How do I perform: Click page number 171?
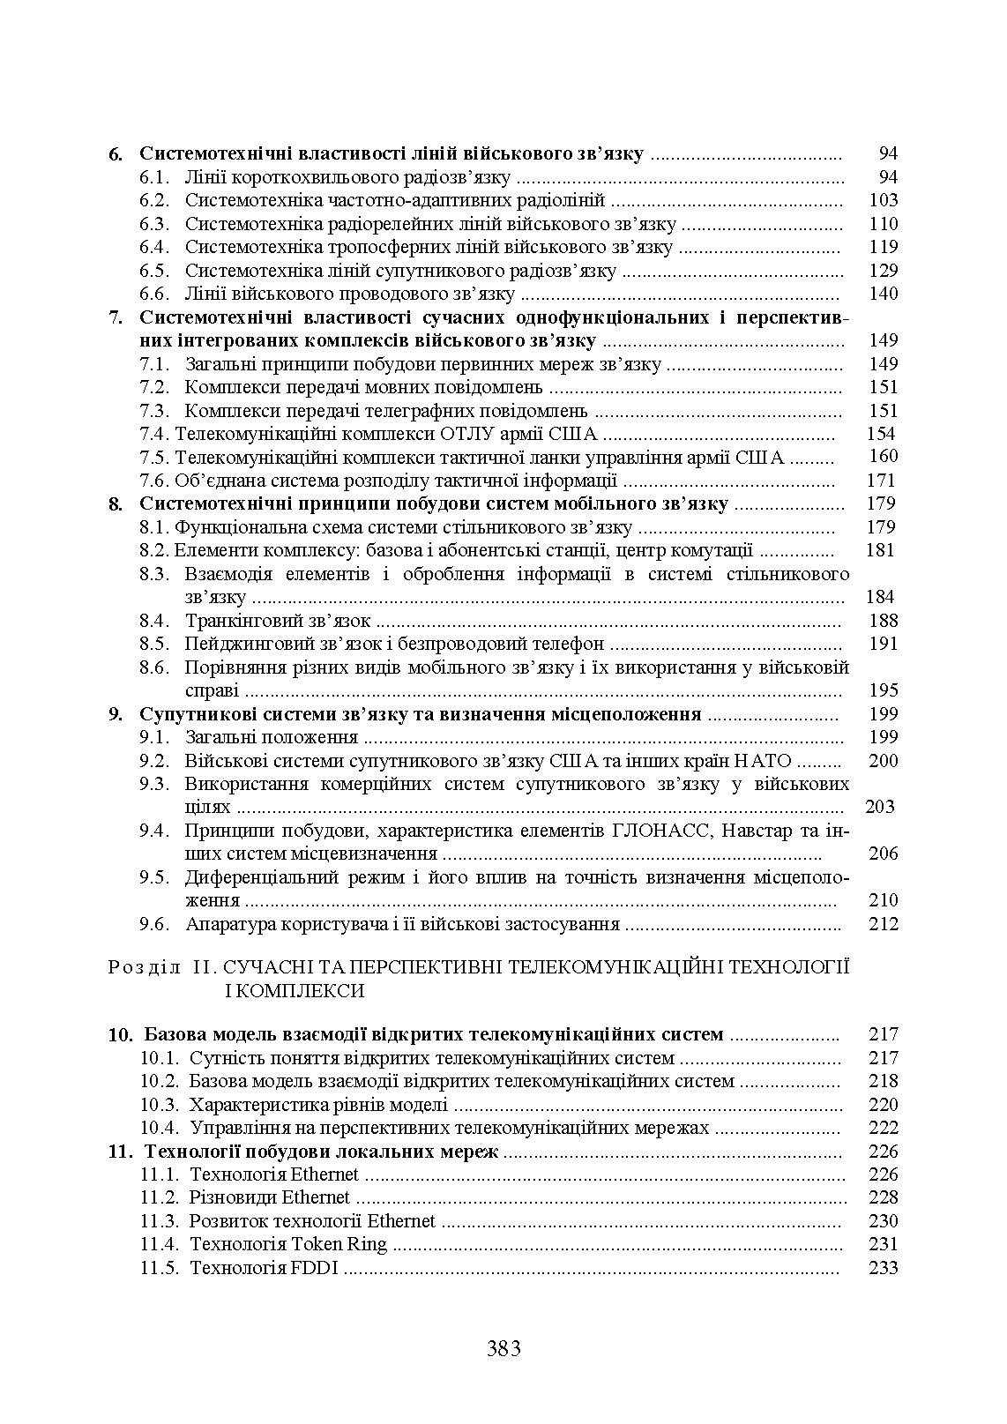[882, 481]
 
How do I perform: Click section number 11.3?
[160, 1221]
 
